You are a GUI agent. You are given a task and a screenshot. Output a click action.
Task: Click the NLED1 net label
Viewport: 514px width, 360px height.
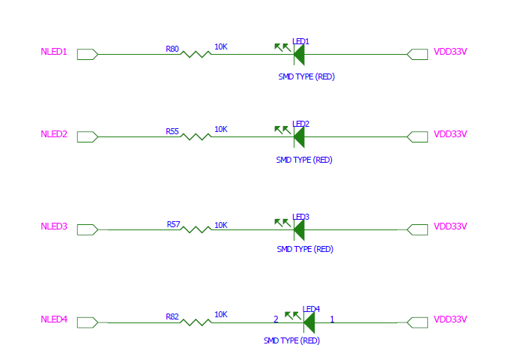(54, 52)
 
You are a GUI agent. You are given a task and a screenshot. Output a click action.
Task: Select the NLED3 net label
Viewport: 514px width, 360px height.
(54, 226)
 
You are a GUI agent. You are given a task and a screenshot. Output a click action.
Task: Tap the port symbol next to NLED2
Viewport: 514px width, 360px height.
(87, 136)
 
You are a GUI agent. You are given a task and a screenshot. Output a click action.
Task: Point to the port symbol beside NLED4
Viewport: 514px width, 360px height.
(87, 322)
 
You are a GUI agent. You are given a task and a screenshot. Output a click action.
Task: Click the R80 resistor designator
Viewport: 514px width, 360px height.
(172, 49)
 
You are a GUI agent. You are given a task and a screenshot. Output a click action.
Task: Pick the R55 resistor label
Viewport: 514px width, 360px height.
(172, 131)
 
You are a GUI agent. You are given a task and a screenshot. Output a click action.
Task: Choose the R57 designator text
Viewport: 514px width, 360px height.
(173, 224)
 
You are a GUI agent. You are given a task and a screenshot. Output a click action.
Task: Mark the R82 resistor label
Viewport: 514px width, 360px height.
(172, 317)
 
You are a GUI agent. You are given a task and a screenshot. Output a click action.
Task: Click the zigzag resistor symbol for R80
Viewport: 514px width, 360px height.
(196, 54)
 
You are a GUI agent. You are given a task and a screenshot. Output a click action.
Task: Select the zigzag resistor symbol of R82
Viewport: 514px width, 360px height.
(196, 322)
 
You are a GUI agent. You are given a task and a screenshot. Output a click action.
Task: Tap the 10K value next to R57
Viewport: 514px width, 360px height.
(221, 225)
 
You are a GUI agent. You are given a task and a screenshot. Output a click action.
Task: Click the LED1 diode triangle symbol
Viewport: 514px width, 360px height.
(299, 54)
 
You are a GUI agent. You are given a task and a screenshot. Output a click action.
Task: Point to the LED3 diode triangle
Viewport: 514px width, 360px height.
(299, 229)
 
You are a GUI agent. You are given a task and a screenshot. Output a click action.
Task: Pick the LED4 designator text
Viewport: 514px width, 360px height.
(312, 309)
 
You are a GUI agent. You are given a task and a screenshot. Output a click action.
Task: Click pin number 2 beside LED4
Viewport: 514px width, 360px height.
(276, 319)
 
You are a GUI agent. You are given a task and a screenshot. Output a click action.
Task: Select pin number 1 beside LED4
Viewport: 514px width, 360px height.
(332, 319)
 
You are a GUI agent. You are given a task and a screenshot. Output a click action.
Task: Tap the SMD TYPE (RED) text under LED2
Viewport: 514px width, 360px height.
(304, 160)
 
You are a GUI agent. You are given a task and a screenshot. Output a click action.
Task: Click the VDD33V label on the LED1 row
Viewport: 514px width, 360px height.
(450, 52)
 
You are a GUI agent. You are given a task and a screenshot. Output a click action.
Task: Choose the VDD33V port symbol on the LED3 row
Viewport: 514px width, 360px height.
(417, 229)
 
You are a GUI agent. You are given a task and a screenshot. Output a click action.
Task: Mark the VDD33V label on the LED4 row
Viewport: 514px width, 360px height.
(450, 319)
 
